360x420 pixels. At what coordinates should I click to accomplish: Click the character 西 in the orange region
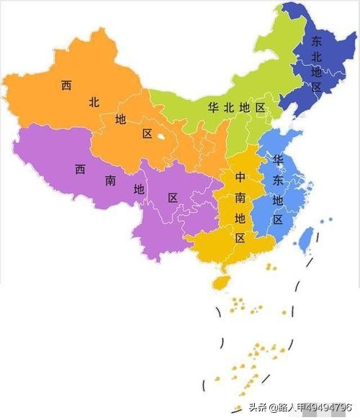pyautogui.click(x=66, y=86)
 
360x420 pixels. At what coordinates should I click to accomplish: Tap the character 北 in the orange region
pyautogui.click(x=94, y=102)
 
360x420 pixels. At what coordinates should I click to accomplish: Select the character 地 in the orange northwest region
pyautogui.click(x=120, y=118)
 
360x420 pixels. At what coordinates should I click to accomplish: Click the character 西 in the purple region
pyautogui.click(x=80, y=170)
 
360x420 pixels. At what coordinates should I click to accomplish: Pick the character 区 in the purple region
pyautogui.click(x=173, y=197)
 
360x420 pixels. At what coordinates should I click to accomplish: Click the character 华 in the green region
pyautogui.click(x=213, y=107)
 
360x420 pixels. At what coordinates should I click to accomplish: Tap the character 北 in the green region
pyautogui.click(x=229, y=107)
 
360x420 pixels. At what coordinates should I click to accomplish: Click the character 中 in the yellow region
pyautogui.click(x=240, y=176)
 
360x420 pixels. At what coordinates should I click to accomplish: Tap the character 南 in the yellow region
pyautogui.click(x=240, y=196)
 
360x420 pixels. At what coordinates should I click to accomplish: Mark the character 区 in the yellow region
pyautogui.click(x=240, y=237)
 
